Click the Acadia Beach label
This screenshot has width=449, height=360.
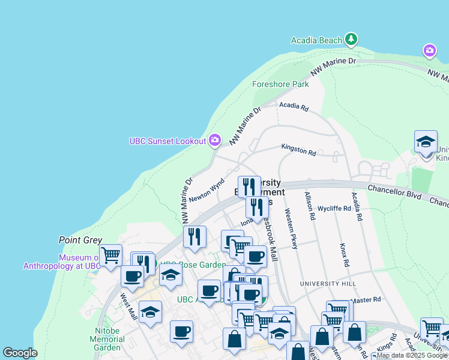tap(316, 40)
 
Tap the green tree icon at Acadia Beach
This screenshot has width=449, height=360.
tap(351, 40)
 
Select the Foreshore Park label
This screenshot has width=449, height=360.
tap(280, 85)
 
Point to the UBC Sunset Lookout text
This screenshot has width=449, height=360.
tap(167, 142)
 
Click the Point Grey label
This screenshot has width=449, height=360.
tap(80, 240)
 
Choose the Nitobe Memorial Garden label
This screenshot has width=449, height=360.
tap(107, 339)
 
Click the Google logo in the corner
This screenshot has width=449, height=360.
tap(20, 353)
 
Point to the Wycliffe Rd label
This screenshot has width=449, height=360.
tap(334, 208)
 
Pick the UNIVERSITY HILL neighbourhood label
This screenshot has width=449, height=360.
tap(328, 283)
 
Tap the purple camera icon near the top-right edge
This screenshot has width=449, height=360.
tap(429, 50)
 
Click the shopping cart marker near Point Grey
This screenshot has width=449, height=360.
tap(110, 255)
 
